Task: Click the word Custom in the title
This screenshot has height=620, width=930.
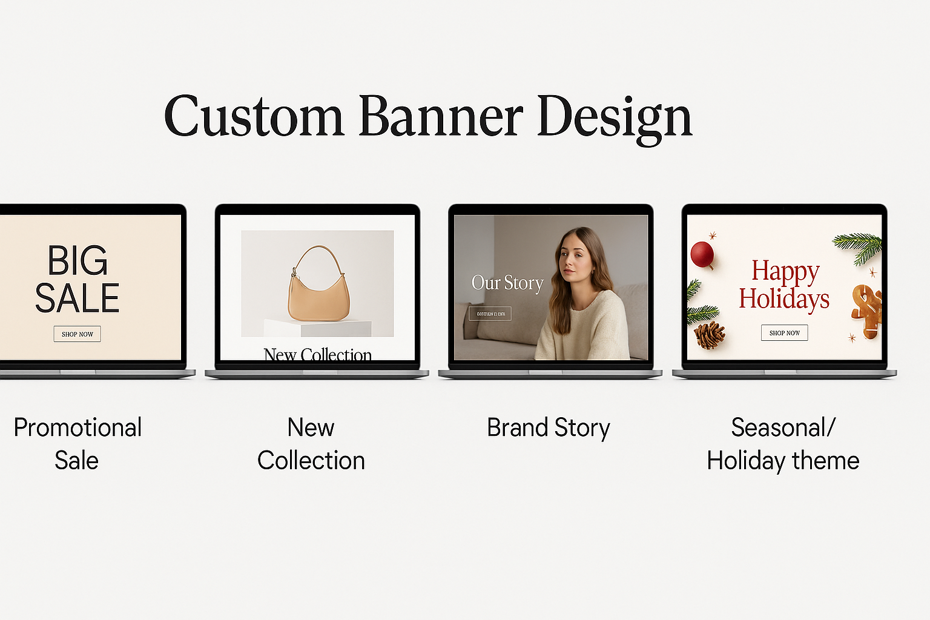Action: point(254,116)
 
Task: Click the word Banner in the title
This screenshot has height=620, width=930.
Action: point(441,116)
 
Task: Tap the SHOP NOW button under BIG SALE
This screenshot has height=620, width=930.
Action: point(77,334)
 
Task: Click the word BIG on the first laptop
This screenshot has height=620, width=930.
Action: point(77,262)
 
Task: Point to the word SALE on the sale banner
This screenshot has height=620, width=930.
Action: point(77,298)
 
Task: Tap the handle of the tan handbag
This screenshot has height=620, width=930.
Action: point(318,257)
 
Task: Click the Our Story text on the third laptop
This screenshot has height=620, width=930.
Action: point(507,283)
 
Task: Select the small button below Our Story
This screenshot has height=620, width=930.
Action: point(490,314)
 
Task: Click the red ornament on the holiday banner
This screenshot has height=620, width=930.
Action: point(702,254)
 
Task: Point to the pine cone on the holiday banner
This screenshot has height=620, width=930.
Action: point(709,335)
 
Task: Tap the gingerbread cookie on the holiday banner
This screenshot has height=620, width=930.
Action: point(867,310)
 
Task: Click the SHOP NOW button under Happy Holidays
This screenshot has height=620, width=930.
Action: point(784,333)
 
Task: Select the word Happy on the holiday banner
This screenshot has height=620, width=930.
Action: point(785,272)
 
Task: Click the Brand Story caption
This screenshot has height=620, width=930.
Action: point(549,428)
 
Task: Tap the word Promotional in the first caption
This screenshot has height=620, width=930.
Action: point(77,428)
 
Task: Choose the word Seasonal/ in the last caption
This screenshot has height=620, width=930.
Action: point(783,428)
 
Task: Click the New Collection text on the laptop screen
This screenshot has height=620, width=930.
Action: point(317,354)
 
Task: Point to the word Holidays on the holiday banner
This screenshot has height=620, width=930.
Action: point(784,299)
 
